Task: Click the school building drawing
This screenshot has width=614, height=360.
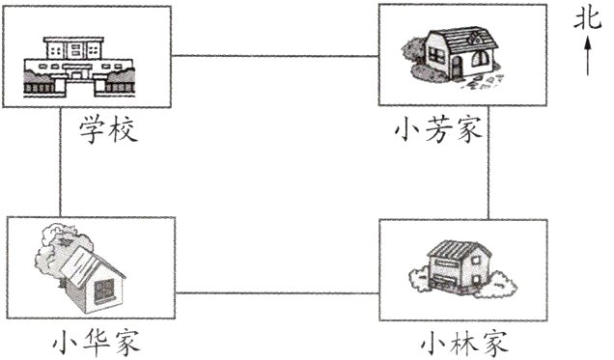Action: click(78, 66)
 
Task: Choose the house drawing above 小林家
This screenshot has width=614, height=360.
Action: click(460, 267)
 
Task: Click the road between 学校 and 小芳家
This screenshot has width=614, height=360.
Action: click(275, 56)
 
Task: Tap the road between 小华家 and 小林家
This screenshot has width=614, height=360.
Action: click(278, 292)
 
